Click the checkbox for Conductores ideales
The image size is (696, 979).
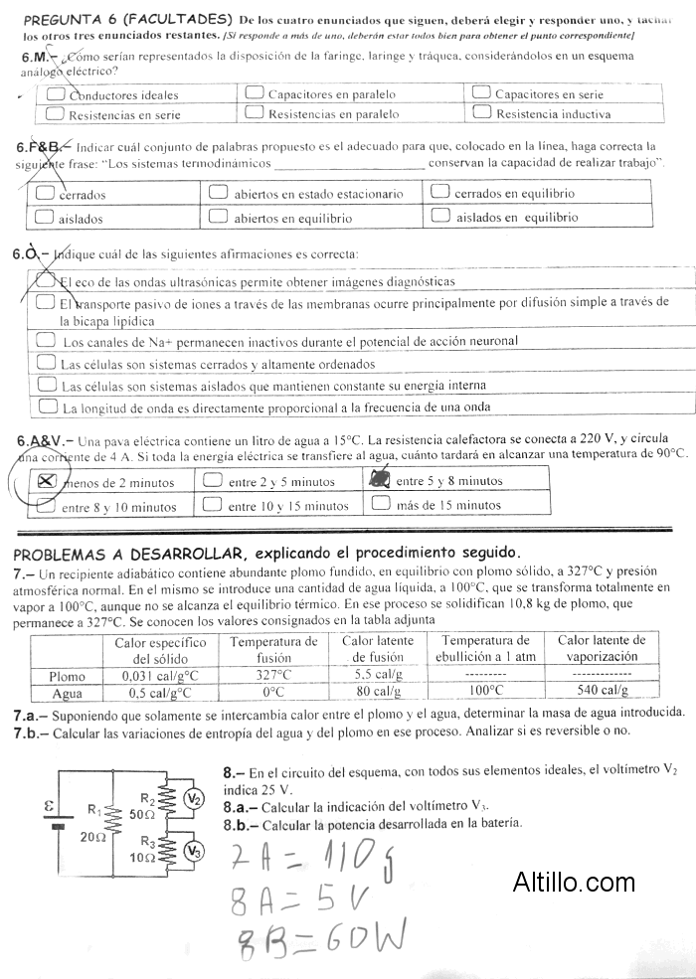pos(56,94)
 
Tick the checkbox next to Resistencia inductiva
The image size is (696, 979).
pos(481,113)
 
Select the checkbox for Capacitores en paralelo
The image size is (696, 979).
pos(255,93)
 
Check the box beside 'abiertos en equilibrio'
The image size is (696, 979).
pos(218,216)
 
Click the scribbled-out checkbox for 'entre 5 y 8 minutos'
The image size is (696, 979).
pos(379,479)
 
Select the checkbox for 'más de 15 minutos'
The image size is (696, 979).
pos(380,503)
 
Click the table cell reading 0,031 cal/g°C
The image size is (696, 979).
pos(160,676)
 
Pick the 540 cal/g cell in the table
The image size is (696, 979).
pos(602,690)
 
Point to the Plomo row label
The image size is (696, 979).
pos(67,676)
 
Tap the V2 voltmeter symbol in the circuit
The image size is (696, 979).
pos(195,799)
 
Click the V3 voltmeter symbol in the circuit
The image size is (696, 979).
pos(195,851)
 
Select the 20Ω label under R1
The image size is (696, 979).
pos(93,837)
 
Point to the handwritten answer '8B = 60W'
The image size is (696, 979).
pos(318,938)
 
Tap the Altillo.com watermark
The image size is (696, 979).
pos(574,882)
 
